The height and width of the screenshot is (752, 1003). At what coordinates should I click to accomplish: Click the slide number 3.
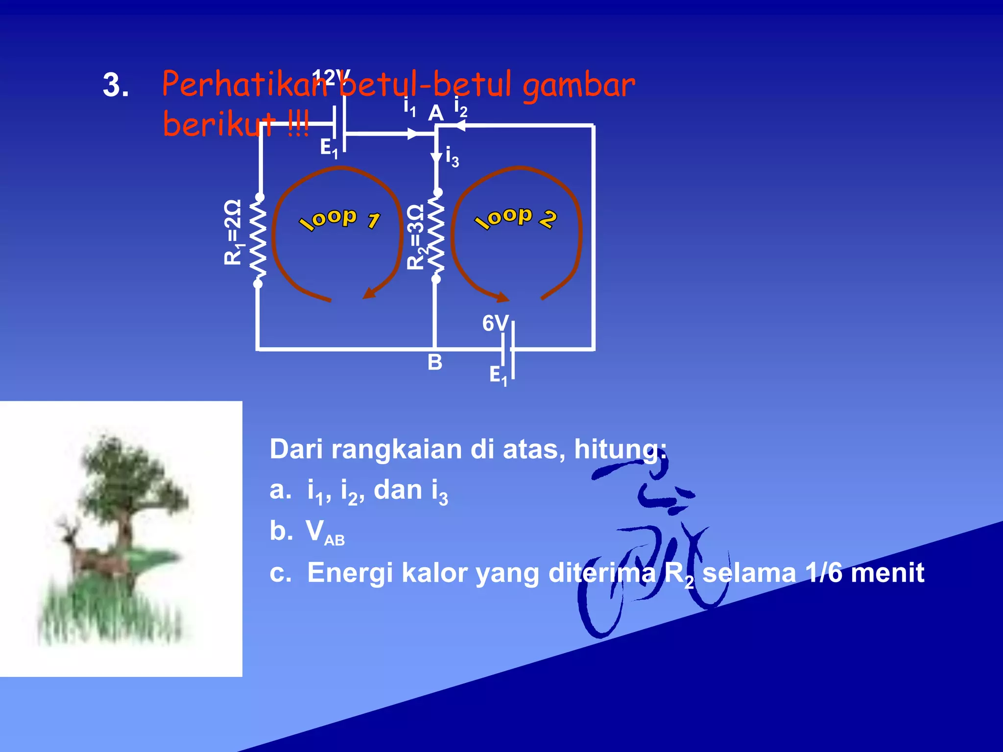coord(116,85)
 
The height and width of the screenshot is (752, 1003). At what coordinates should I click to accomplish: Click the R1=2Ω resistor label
coord(233,232)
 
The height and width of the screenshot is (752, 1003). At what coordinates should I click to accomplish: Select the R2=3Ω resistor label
coord(415,237)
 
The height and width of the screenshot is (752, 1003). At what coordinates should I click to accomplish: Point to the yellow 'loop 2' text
coord(515,217)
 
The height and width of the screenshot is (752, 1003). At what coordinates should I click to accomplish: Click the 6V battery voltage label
coord(495,324)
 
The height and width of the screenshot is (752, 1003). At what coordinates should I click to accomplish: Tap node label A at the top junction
coord(435,114)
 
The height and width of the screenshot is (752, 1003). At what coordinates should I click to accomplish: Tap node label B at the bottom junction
coord(434,363)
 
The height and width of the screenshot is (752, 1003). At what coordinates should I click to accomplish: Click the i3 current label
coord(452,157)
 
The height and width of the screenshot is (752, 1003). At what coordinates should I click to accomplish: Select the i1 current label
coord(409,107)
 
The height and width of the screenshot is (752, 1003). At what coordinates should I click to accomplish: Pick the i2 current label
coord(460,107)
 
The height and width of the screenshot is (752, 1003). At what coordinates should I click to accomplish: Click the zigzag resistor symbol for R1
coord(258,240)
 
